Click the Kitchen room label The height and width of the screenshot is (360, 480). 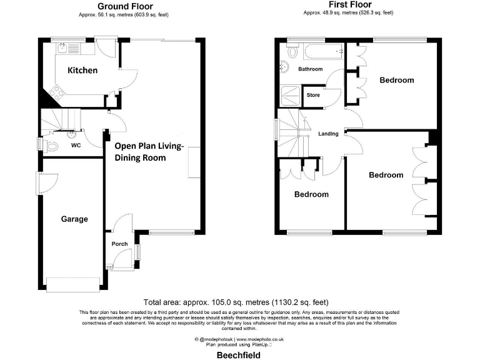click(82, 70)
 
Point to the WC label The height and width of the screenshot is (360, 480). click(76, 145)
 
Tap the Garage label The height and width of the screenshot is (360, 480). click(74, 219)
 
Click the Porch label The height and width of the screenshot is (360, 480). click(119, 244)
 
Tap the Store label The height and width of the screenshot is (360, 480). click(313, 95)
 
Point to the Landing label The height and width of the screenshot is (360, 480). click(328, 134)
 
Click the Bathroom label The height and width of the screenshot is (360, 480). click(310, 69)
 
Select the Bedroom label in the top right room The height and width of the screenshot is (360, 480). click(396, 80)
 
